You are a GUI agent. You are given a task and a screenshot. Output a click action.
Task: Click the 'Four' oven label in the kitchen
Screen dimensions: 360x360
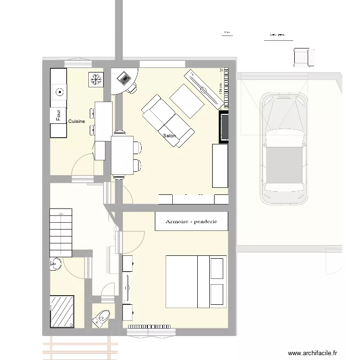tap(58, 116)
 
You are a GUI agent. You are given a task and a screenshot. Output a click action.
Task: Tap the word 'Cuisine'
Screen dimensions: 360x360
tap(76, 121)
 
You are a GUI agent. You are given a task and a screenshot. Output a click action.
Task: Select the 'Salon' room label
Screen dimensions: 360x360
tap(169, 136)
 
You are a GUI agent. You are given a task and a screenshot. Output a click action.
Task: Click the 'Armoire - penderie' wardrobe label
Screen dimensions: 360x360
tap(191, 221)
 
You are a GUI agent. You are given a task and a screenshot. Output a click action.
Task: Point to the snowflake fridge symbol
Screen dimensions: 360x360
tap(95, 80)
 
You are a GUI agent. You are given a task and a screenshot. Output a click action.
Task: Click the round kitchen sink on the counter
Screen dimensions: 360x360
tap(60, 92)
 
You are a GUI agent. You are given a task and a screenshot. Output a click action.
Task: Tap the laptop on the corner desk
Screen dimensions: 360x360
tap(124, 77)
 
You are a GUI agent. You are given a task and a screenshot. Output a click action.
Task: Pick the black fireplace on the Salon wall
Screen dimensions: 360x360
tap(224, 127)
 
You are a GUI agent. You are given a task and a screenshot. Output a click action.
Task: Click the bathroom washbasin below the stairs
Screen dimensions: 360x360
tap(55, 264)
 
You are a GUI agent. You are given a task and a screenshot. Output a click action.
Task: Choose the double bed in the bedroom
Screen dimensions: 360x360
tap(195, 281)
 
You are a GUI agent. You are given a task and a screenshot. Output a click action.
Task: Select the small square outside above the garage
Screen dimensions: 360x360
tap(302, 57)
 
